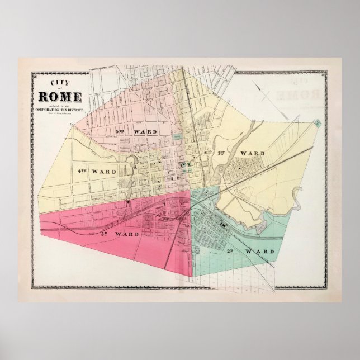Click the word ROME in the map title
(x=60, y=96)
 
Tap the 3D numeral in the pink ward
(x=103, y=233)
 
